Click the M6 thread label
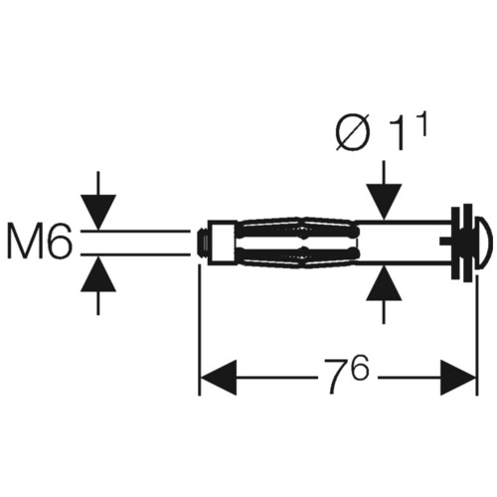pyautogui.click(x=39, y=241)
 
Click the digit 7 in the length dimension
pyautogui.click(x=337, y=375)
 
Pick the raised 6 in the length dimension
pyautogui.click(x=360, y=367)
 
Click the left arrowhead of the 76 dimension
pyautogui.click(x=219, y=377)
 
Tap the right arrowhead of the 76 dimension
pyautogui.click(x=458, y=377)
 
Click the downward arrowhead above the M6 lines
pyautogui.click(x=98, y=212)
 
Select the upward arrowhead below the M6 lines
pyautogui.click(x=98, y=274)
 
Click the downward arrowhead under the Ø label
pyautogui.click(x=384, y=202)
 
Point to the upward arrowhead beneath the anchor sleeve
pyautogui.click(x=384, y=282)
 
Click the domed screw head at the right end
pyautogui.click(x=484, y=243)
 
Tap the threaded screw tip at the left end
pyautogui.click(x=203, y=244)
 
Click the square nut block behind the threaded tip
pyautogui.click(x=222, y=244)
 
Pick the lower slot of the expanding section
pyautogui.click(x=297, y=253)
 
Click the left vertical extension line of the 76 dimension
pyautogui.click(x=199, y=329)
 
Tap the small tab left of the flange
pyautogui.click(x=445, y=242)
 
